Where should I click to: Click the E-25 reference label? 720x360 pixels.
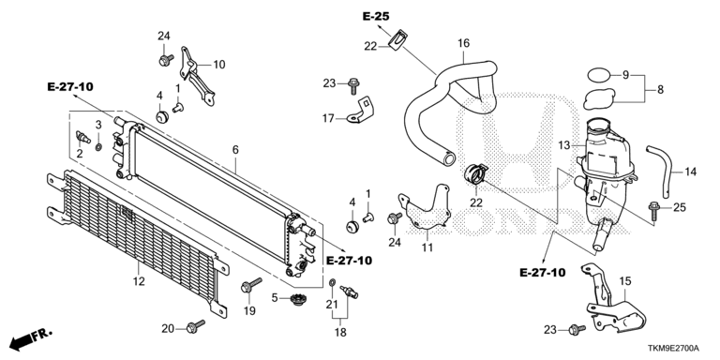376,17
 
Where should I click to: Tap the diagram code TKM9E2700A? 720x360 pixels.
680,348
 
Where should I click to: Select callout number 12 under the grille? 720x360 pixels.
139,281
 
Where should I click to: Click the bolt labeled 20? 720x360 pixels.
196,326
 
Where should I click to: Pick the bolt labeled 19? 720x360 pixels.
250,285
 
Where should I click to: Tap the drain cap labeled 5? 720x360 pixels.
299,299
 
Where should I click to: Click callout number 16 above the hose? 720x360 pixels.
464,44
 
